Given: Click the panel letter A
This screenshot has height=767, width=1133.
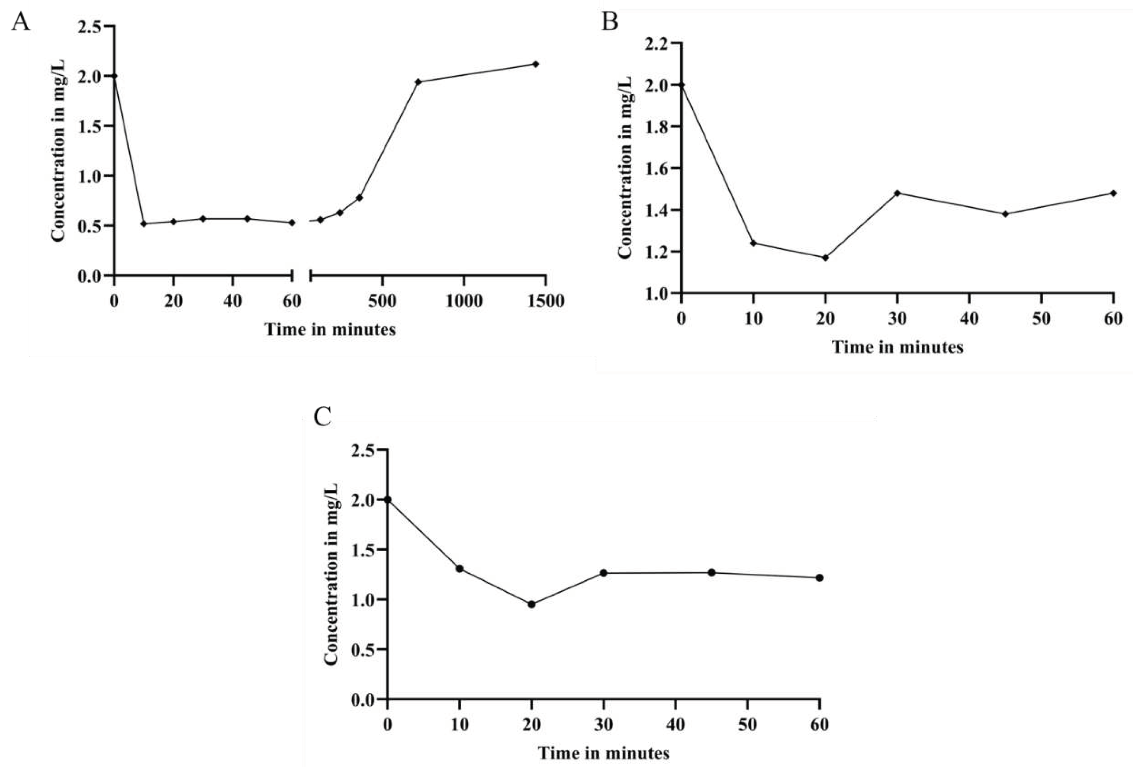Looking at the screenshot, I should [x=20, y=22].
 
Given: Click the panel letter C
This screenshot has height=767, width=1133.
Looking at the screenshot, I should [x=323, y=417].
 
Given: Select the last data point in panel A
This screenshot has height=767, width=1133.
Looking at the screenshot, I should [x=535, y=64].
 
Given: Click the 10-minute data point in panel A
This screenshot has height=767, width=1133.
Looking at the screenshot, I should [x=143, y=224].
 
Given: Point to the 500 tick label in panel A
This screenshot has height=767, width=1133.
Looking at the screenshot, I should [x=382, y=301].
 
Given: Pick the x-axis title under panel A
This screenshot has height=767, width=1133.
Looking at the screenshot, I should [x=330, y=330].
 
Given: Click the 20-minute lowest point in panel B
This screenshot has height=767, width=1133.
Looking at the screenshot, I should [x=825, y=257].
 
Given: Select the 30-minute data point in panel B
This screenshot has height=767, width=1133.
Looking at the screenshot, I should [x=897, y=193].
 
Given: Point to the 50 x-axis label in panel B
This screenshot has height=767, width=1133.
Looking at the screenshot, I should [x=1041, y=318].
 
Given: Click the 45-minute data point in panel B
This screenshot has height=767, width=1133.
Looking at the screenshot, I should [x=1005, y=214].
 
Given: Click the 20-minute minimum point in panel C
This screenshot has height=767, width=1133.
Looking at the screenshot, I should [x=531, y=605].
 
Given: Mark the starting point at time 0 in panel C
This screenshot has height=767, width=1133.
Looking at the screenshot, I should [x=388, y=500].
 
